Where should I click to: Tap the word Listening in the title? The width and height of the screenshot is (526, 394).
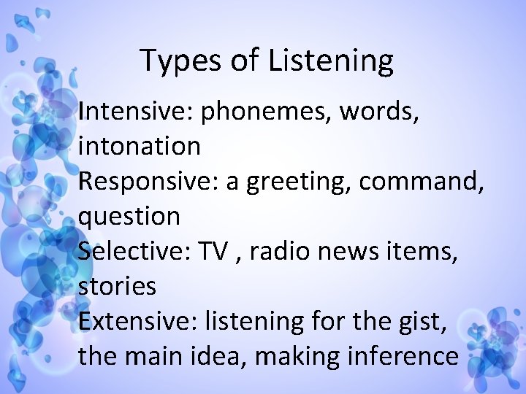pyautogui.click(x=331, y=61)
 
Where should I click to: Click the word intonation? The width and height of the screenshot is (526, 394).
pyautogui.click(x=139, y=146)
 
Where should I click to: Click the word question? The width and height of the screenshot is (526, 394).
pyautogui.click(x=129, y=216)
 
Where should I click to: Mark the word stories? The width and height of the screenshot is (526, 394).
pyautogui.click(x=117, y=286)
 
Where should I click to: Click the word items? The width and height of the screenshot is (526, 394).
pyautogui.click(x=424, y=251)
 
